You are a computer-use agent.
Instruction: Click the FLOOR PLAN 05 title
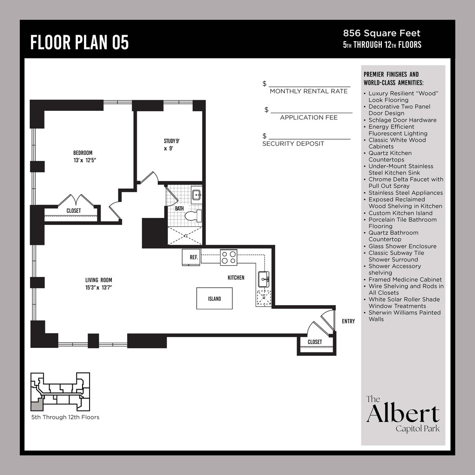point(79,42)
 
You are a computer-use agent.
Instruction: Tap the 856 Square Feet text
point(381,33)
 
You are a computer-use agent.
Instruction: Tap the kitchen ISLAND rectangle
point(214,298)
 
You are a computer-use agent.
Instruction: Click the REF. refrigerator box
point(191,257)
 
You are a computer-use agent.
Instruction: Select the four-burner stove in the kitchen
point(228,257)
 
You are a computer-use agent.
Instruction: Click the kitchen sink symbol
point(263,279)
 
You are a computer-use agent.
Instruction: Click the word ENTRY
point(348,321)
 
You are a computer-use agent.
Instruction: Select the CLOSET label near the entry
point(315,342)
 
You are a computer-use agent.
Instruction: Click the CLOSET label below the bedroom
point(73,211)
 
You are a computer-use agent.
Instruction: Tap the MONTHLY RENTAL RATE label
point(308,91)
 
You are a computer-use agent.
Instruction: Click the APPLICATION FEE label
point(308,118)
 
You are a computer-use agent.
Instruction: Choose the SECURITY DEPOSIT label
point(293,144)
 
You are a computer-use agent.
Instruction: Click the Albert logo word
point(403,413)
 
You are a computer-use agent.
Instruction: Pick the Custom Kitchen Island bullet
point(400,213)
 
